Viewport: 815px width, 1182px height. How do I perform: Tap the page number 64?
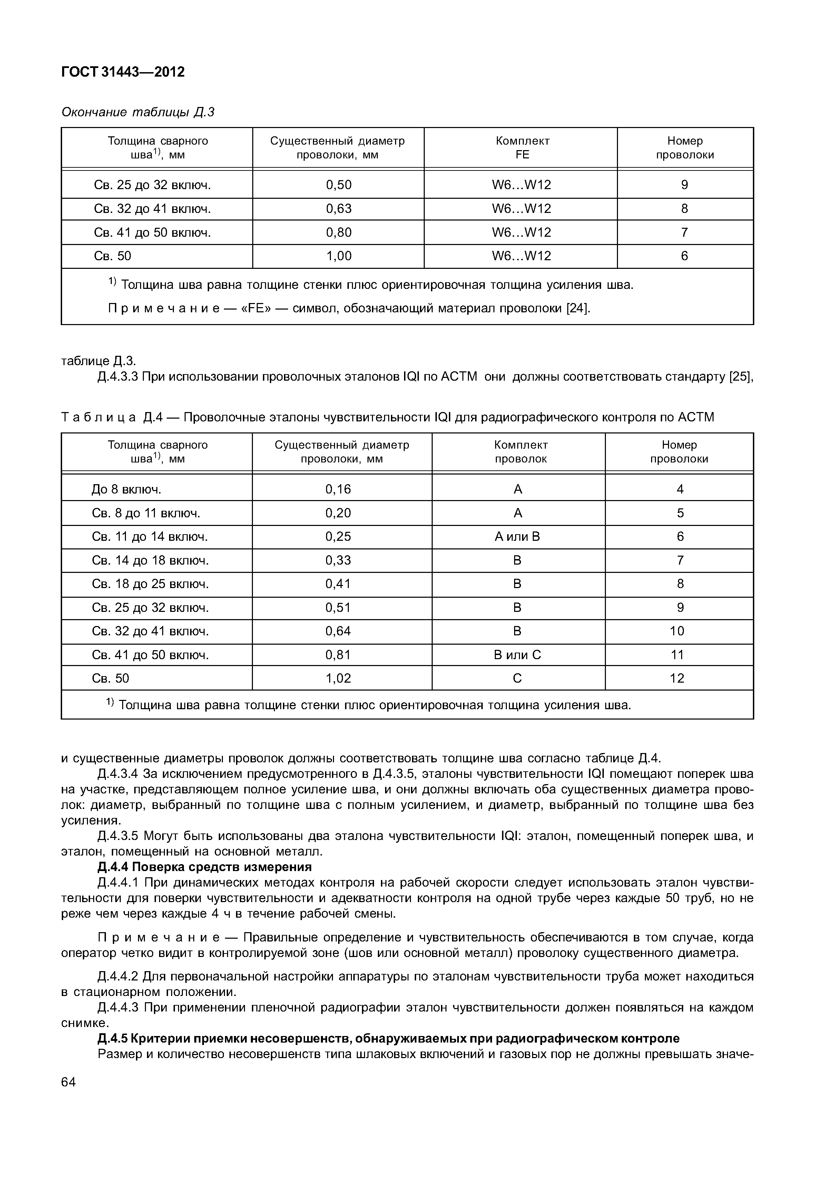(68, 1082)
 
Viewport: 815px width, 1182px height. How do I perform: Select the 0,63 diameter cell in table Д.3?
(338, 209)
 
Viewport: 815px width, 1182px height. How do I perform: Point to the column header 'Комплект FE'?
(522, 148)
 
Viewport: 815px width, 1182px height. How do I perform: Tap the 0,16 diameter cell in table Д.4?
(338, 489)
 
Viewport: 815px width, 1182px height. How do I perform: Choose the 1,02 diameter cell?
(338, 678)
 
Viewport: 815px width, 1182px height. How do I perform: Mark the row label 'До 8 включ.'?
(126, 490)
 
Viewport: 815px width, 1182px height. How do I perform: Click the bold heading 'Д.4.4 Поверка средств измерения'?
(204, 867)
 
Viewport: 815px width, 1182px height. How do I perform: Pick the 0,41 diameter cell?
(338, 584)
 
